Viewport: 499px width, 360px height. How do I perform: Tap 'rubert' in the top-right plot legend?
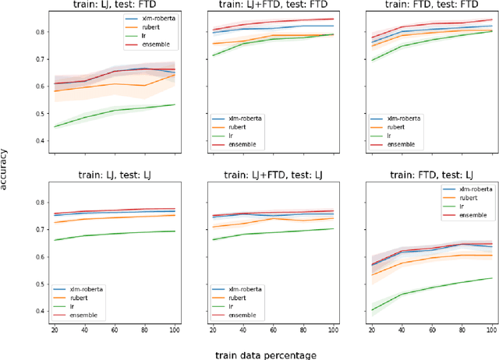(399, 126)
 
